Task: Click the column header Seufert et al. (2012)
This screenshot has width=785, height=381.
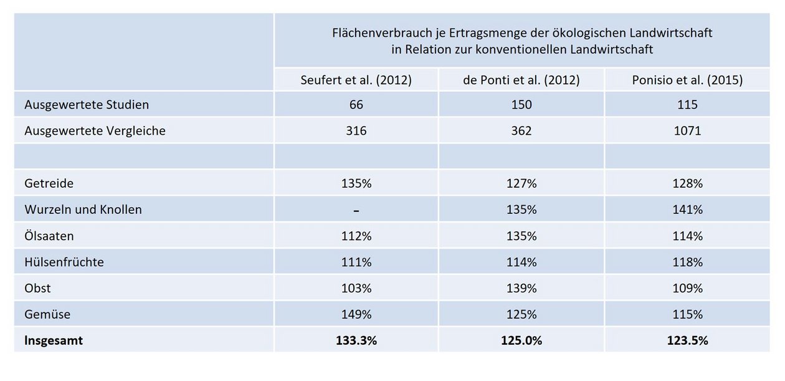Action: [x=356, y=80]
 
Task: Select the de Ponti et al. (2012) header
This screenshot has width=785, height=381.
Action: [x=521, y=80]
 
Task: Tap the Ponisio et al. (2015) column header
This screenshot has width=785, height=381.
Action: [x=687, y=80]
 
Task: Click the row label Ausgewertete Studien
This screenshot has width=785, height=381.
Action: [x=87, y=105]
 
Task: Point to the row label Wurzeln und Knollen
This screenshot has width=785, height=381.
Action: [x=83, y=210]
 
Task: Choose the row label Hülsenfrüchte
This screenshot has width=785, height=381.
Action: [x=64, y=262]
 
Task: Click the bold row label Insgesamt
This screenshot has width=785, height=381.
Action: [x=54, y=340]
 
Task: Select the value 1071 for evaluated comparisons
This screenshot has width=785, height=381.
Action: [x=687, y=131]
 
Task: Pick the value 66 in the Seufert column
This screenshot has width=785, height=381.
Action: [x=356, y=105]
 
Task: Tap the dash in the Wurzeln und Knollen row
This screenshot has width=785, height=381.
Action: [x=356, y=211]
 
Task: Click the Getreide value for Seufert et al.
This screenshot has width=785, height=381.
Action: [x=356, y=184]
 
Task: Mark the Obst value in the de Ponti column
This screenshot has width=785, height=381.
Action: [x=521, y=289]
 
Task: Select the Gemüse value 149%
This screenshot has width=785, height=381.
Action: [x=356, y=315]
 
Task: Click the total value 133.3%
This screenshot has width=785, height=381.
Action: [x=356, y=341]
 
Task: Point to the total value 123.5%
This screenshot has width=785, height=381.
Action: [x=687, y=341]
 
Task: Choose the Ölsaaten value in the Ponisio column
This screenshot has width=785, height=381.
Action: [x=687, y=236]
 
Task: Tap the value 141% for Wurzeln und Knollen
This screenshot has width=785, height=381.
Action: [x=687, y=210]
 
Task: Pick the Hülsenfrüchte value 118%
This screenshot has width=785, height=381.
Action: [x=687, y=263]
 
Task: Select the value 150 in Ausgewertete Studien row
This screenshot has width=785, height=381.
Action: [x=521, y=105]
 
